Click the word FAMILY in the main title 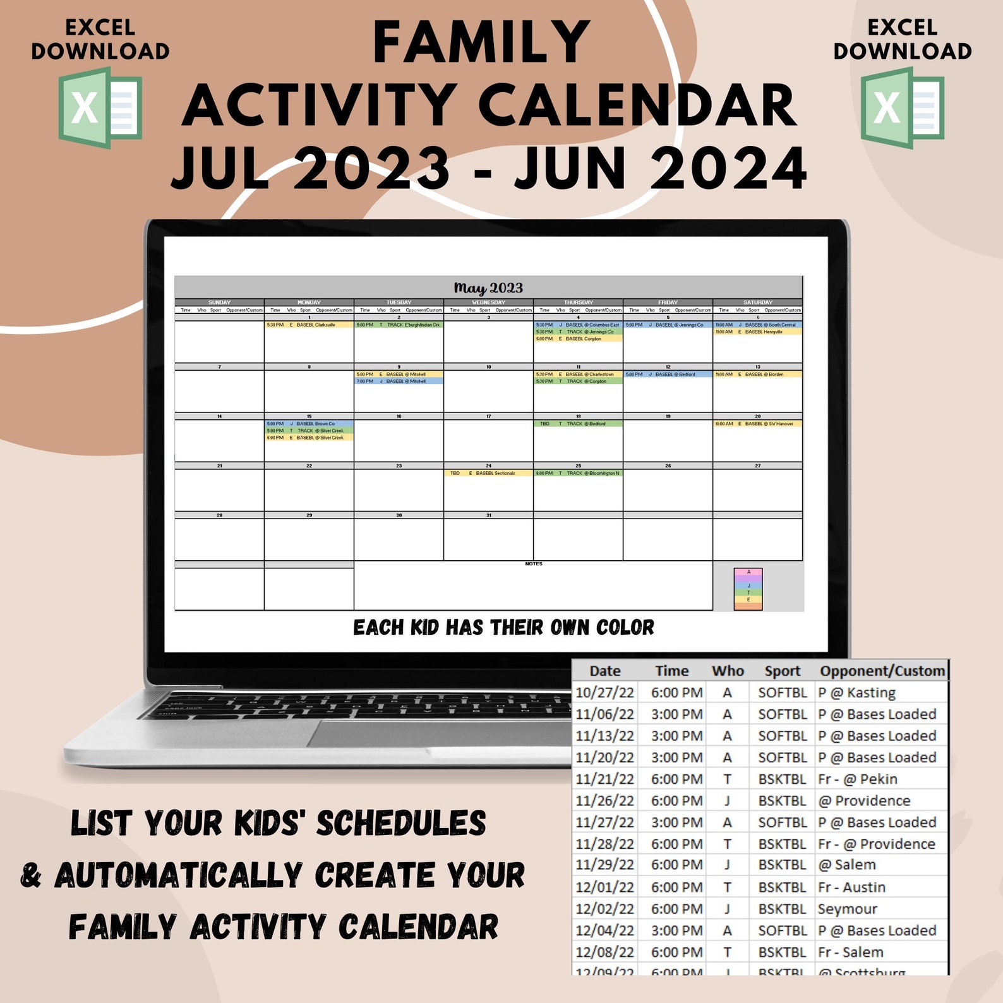481,43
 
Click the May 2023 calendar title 488,288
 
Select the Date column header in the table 604,671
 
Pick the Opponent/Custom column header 882,671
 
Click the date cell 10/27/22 604,693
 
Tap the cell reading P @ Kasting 856,693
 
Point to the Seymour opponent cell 847,909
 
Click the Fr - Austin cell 851,887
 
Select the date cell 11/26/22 604,801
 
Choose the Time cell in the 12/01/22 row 676,887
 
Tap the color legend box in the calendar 748,589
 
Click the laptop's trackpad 436,733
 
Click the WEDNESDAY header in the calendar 488,303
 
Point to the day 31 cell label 488,515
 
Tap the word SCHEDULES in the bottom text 401,824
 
